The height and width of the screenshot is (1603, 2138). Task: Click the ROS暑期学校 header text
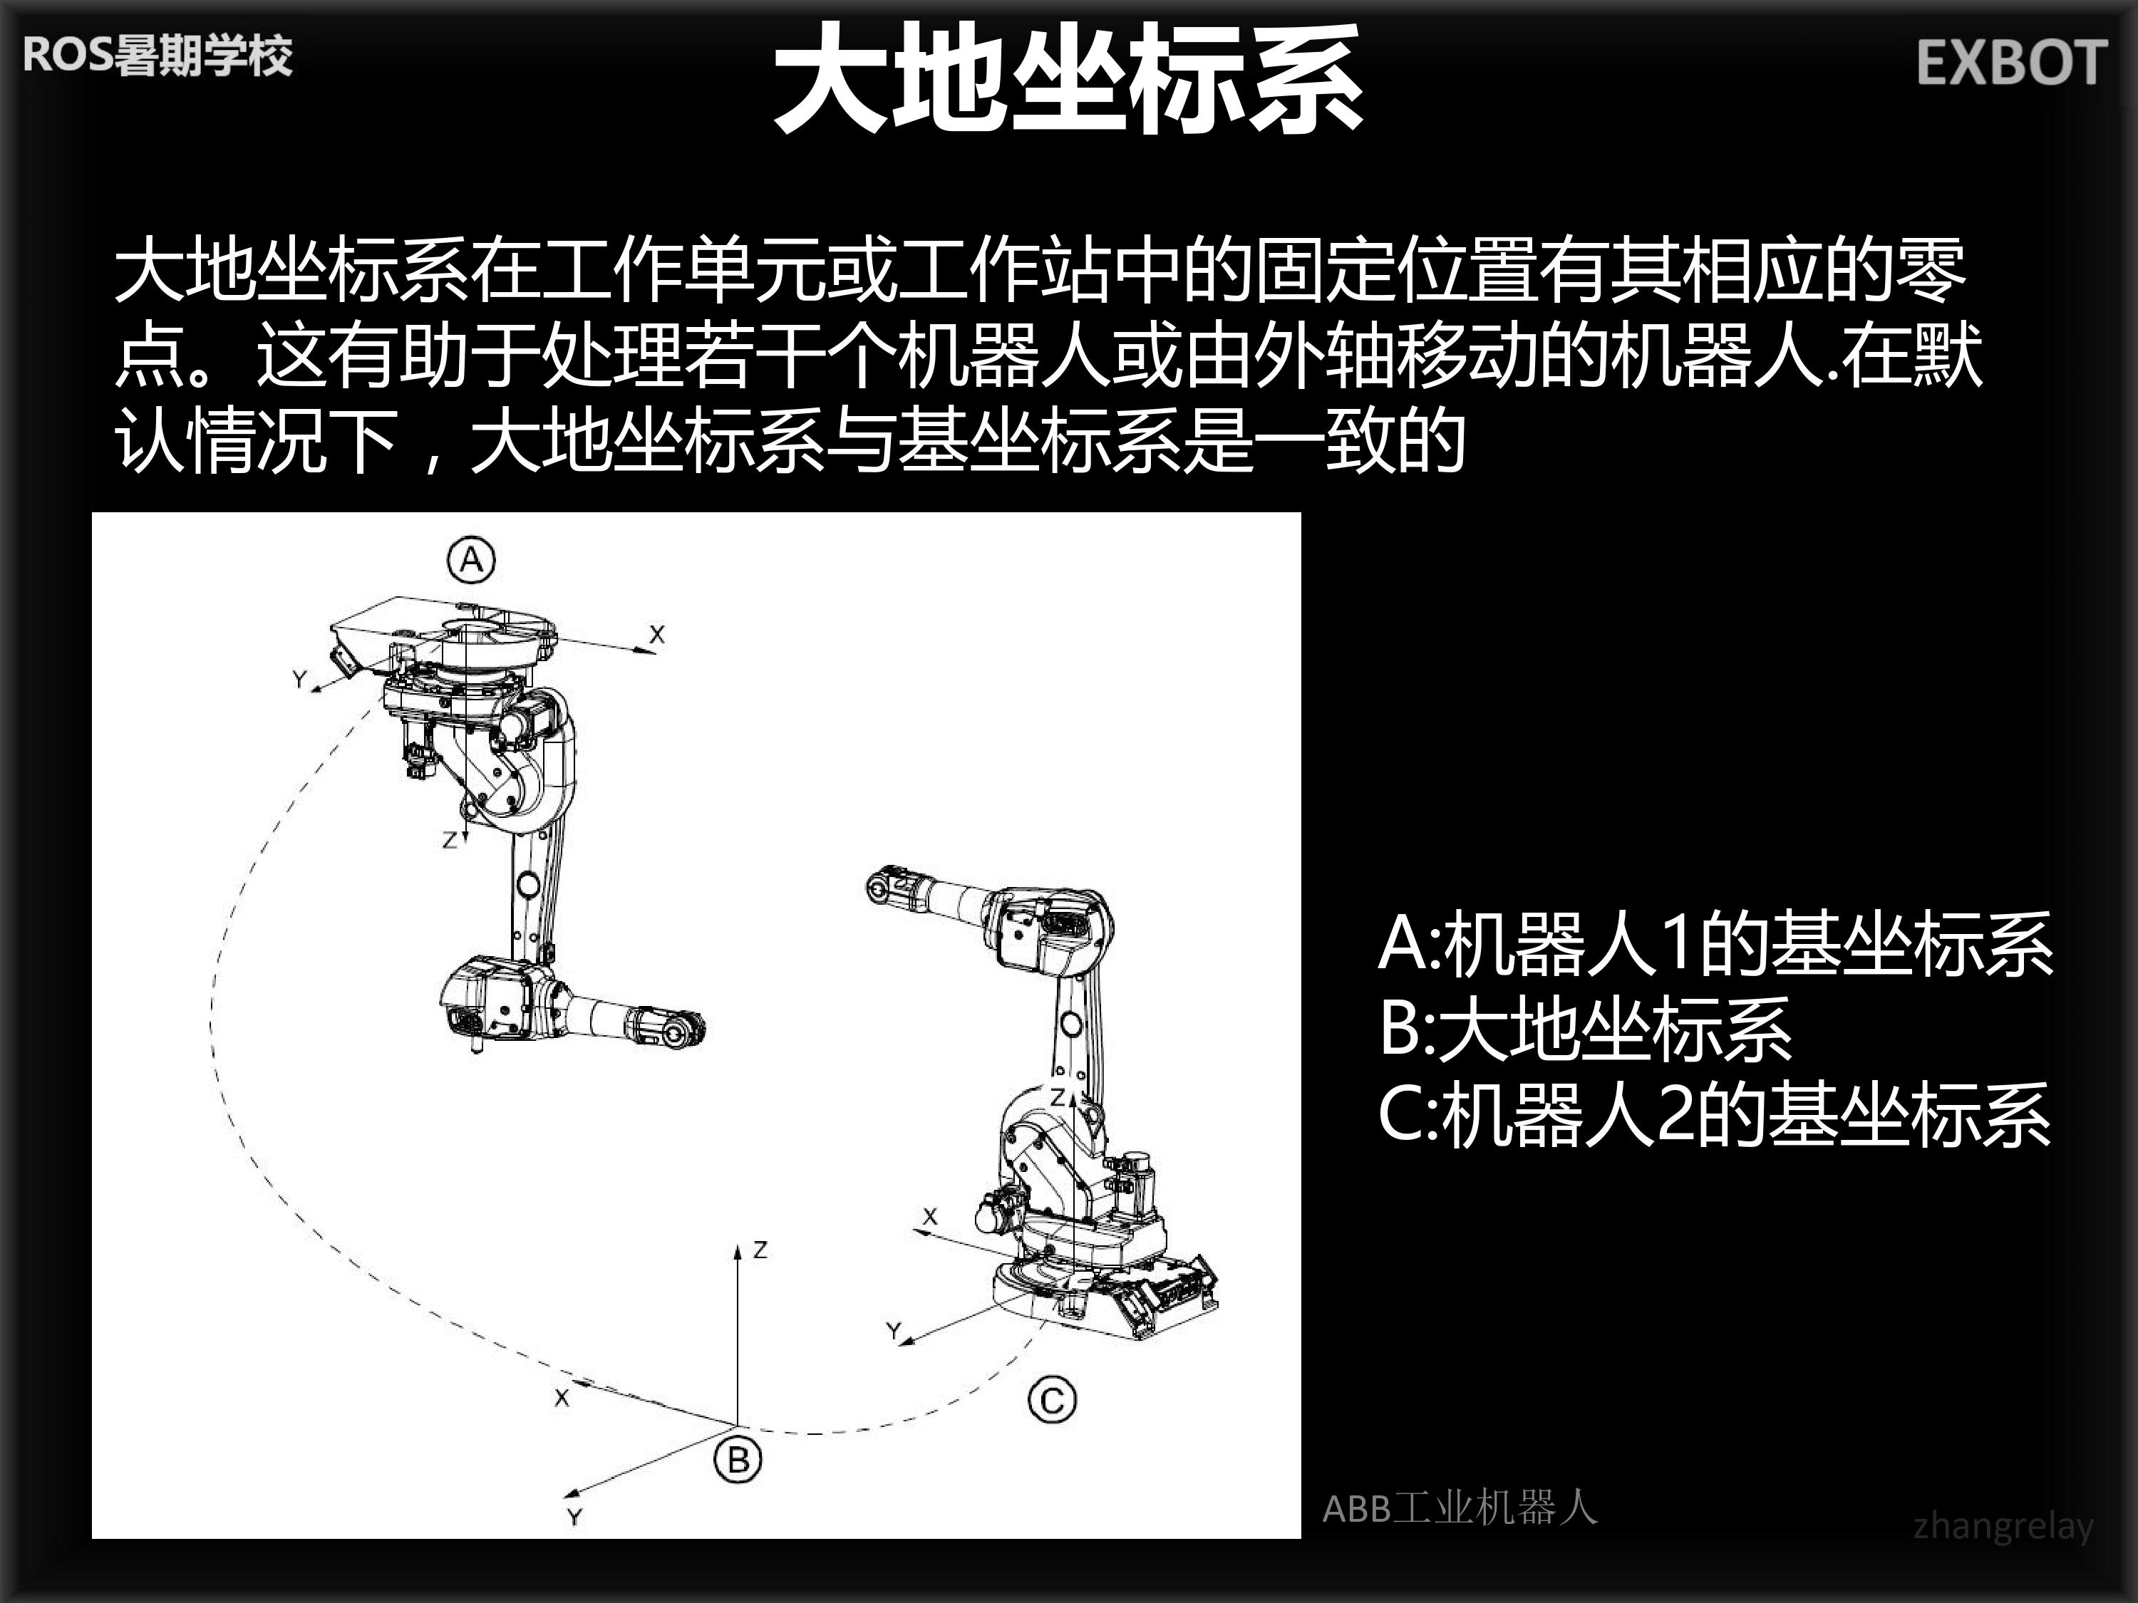tap(157, 55)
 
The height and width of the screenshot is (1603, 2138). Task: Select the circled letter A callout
tap(470, 559)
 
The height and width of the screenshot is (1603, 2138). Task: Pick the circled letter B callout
tap(738, 1459)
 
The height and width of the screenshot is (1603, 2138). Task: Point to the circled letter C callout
tap(1053, 1400)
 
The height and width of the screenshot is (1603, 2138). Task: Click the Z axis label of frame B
tap(760, 1250)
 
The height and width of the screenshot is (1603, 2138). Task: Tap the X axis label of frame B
tap(562, 1397)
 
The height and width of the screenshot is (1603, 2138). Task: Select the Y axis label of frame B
tap(574, 1516)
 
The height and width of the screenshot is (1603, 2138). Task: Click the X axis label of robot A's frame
tap(657, 634)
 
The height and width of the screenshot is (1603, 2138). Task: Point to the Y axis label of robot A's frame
tap(299, 679)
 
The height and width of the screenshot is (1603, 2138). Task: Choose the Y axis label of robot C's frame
tap(894, 1332)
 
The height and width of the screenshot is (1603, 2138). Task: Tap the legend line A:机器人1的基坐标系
tap(1715, 943)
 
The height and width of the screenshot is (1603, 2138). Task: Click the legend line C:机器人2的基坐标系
tap(1715, 1114)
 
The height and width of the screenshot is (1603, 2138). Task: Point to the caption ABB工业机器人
tap(1460, 1508)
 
